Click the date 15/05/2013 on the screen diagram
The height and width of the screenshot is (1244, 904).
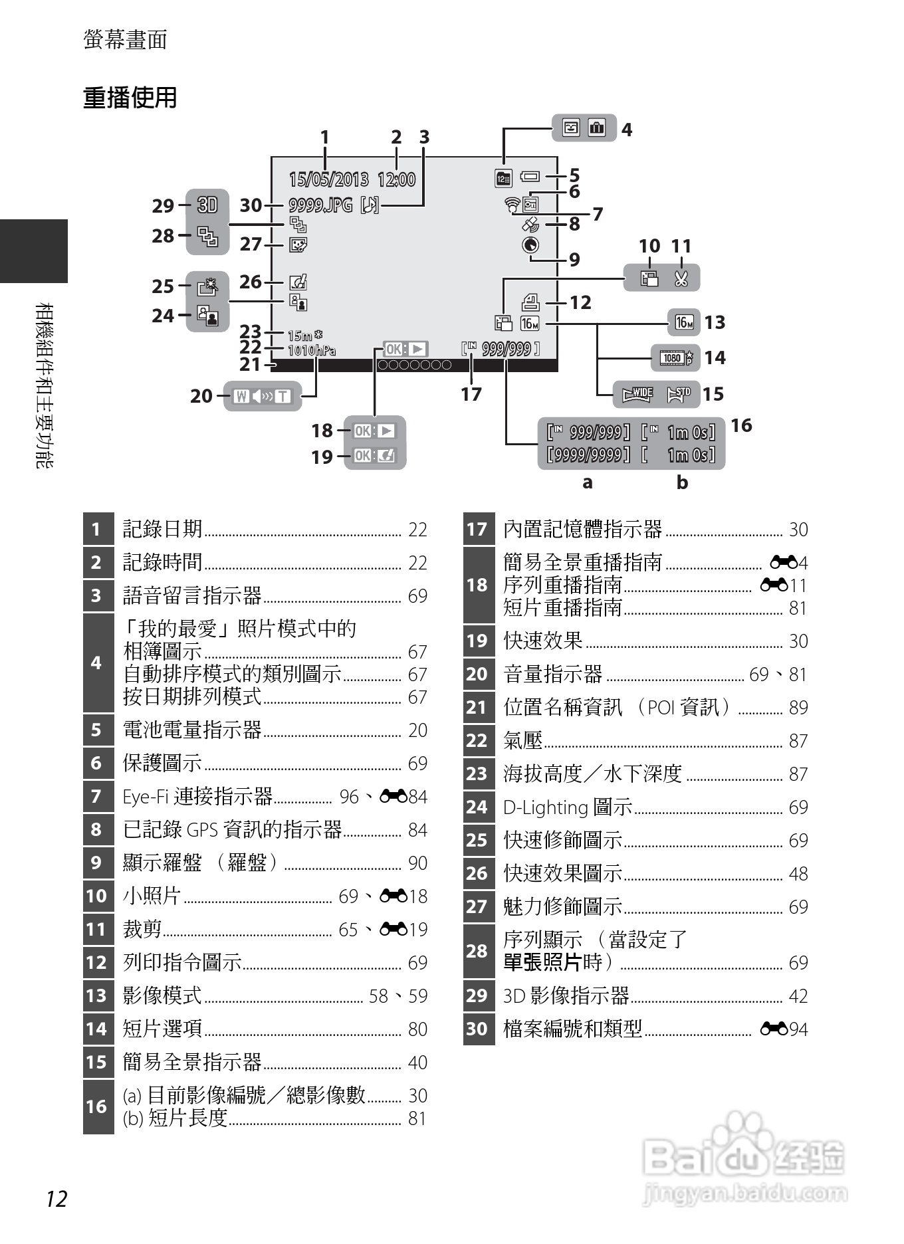[x=328, y=179]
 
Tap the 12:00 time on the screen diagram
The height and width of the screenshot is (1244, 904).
[x=396, y=179]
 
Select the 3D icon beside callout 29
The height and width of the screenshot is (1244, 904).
[x=207, y=205]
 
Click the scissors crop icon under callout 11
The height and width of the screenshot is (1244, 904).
[x=681, y=278]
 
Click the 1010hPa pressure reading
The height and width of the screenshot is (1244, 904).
[x=312, y=350]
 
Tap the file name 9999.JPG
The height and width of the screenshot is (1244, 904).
[x=320, y=205]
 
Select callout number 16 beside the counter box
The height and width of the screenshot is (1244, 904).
[x=741, y=425]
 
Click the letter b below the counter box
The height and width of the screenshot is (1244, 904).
[x=682, y=482]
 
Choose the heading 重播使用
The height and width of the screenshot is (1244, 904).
[x=130, y=98]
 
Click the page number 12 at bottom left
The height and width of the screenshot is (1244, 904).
[x=56, y=1199]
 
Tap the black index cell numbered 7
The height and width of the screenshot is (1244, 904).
[x=97, y=796]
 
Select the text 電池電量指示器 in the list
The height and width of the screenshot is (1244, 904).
[x=192, y=730]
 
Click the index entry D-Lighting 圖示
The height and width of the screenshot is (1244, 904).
[x=568, y=807]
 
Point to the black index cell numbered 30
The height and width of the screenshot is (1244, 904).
[x=477, y=1029]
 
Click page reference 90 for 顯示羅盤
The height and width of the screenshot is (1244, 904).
[x=417, y=863]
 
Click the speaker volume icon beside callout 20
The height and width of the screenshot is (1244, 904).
[x=263, y=397]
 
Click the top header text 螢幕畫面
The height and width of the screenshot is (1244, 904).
[x=125, y=40]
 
